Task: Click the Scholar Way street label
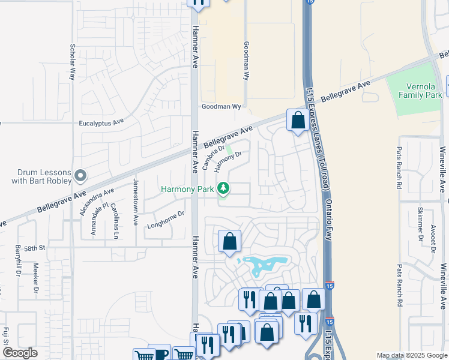(x=72, y=62)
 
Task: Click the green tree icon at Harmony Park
(x=223, y=189)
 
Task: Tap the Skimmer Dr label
(x=420, y=223)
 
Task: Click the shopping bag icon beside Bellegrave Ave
(x=298, y=121)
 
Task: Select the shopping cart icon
(x=144, y=355)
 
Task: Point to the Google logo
(x=20, y=353)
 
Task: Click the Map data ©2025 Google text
(x=412, y=355)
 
